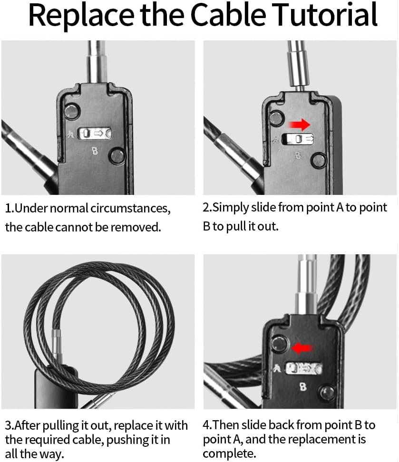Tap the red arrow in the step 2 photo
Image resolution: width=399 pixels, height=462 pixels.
point(299,125)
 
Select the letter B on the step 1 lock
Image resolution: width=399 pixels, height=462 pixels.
point(95,152)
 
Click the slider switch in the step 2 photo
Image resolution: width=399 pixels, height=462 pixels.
point(298,139)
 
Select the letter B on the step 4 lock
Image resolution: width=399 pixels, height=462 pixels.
point(303,387)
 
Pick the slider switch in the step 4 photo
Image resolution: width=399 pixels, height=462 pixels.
point(303,368)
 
